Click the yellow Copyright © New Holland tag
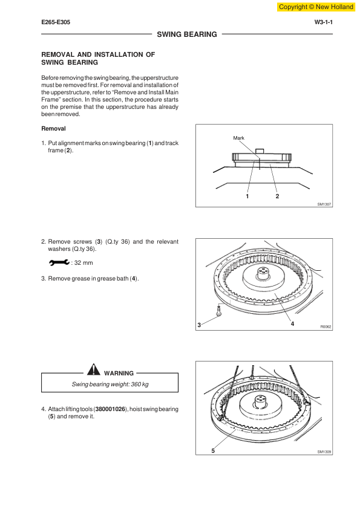pyautogui.click(x=316, y=7)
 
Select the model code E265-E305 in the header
pyautogui.click(x=56, y=22)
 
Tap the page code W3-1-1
pyautogui.click(x=323, y=22)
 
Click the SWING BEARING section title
pyautogui.click(x=187, y=34)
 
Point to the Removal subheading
pyautogui.click(x=53, y=129)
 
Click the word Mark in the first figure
pyautogui.click(x=238, y=138)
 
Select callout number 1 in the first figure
pyautogui.click(x=247, y=196)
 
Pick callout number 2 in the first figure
pyautogui.click(x=277, y=196)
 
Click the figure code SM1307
pyautogui.click(x=324, y=204)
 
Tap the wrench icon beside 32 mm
pyautogui.click(x=59, y=262)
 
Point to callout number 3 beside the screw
pyautogui.click(x=199, y=325)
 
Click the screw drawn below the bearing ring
pyautogui.click(x=219, y=310)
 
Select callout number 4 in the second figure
pyautogui.click(x=292, y=323)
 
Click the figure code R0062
pyautogui.click(x=326, y=326)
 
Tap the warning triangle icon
pyautogui.click(x=94, y=369)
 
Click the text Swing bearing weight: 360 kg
pyautogui.click(x=110, y=384)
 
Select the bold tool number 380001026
pyautogui.click(x=110, y=409)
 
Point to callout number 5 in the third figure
pyautogui.click(x=213, y=450)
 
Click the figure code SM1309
pyautogui.click(x=324, y=452)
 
